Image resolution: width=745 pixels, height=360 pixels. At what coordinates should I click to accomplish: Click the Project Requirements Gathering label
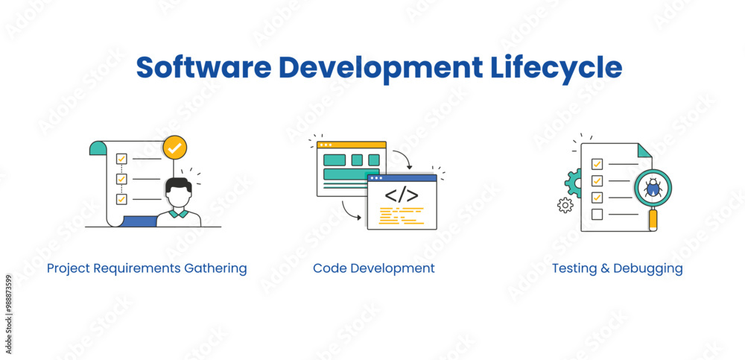coord(147,268)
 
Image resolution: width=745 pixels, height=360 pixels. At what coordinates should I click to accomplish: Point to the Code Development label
coord(373,268)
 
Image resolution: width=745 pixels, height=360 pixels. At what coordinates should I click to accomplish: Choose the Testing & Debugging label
coord(617,268)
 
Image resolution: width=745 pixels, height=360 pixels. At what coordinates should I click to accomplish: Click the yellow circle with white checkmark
coord(174,148)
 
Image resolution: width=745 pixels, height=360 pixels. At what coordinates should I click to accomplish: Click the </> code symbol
coord(401,195)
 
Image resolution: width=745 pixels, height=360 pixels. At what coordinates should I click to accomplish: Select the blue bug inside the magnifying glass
coord(653,187)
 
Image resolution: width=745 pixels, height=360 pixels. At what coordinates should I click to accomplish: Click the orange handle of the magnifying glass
coord(653,220)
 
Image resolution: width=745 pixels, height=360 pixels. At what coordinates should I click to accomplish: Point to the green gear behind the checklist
coord(573,181)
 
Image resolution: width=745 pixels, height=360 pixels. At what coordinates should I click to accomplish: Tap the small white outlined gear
coord(565,205)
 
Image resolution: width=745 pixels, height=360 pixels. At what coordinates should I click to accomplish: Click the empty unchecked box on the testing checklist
coord(597,215)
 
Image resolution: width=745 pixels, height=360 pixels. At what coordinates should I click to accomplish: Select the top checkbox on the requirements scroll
coord(121,159)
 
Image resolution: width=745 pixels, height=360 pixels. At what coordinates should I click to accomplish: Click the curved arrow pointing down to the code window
coord(403,159)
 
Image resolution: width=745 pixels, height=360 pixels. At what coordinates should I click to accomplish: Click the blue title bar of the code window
coord(402,178)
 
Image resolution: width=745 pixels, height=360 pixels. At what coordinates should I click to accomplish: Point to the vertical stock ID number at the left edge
coord(8,304)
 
